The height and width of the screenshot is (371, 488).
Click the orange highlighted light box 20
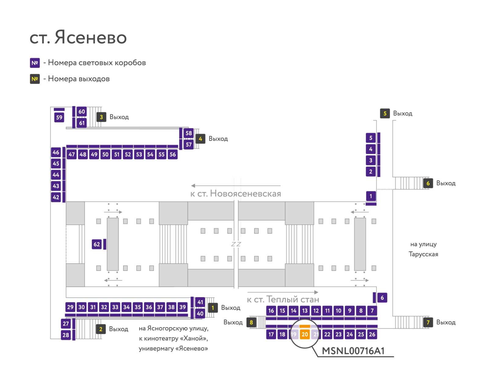305,334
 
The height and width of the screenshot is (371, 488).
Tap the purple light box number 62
97,244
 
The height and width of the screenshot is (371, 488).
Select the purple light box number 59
59,117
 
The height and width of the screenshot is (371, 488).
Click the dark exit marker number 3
101,117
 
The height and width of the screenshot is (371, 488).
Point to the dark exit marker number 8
251,322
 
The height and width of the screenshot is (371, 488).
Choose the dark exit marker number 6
428,183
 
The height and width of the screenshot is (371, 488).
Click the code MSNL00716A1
353,351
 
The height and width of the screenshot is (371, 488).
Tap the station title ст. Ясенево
78,37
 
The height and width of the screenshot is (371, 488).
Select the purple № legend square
35,63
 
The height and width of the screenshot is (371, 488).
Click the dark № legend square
35,79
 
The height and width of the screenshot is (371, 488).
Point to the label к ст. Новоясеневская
236,194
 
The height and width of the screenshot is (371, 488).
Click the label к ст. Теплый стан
283,299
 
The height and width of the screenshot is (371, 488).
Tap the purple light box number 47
72,154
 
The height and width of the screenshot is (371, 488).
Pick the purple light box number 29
70,307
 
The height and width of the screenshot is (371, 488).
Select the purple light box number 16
271,311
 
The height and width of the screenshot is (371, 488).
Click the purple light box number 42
56,197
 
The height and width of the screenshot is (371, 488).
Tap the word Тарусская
423,254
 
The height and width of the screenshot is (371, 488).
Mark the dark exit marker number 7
428,322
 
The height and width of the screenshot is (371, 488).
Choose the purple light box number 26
372,334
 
